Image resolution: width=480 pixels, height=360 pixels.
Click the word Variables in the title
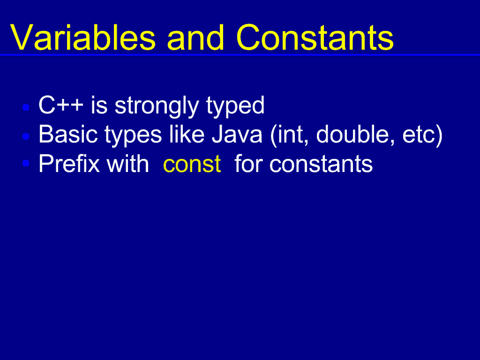point(83,37)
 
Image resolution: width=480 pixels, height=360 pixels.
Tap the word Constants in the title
point(315,37)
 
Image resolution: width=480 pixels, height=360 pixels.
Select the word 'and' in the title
point(196,37)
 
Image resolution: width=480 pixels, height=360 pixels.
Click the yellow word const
point(192,165)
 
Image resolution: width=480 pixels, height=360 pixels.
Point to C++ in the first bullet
point(61,105)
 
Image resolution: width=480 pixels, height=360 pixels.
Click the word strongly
point(157,106)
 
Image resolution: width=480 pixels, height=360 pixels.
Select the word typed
point(235,106)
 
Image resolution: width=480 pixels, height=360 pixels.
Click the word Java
point(237,135)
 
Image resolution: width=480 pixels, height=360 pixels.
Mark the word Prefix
point(69,164)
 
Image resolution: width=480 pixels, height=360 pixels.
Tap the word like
point(187,134)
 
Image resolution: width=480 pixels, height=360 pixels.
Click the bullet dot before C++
point(26,107)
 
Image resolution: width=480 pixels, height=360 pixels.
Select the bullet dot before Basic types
point(26,136)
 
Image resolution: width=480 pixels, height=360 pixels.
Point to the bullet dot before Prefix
point(26,163)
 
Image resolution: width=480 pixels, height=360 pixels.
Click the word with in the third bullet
point(127,164)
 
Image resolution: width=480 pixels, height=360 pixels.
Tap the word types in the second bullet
point(133,135)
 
